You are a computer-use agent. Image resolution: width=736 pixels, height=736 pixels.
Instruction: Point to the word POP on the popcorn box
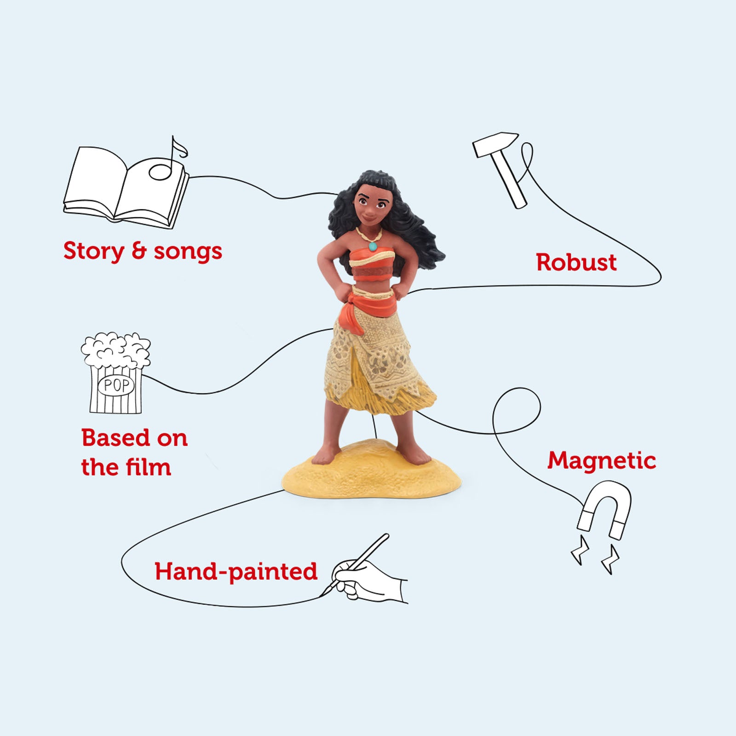click(116, 385)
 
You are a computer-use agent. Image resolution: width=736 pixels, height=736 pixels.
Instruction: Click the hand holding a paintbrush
click(368, 575)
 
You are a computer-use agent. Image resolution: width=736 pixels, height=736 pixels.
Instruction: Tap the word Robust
click(576, 263)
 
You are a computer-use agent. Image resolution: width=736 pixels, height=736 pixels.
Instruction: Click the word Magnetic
click(602, 460)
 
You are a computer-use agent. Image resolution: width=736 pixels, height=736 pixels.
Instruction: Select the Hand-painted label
click(236, 572)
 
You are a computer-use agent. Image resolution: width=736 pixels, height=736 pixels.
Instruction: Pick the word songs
click(188, 252)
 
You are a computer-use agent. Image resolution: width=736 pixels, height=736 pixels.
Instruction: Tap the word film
click(148, 467)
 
